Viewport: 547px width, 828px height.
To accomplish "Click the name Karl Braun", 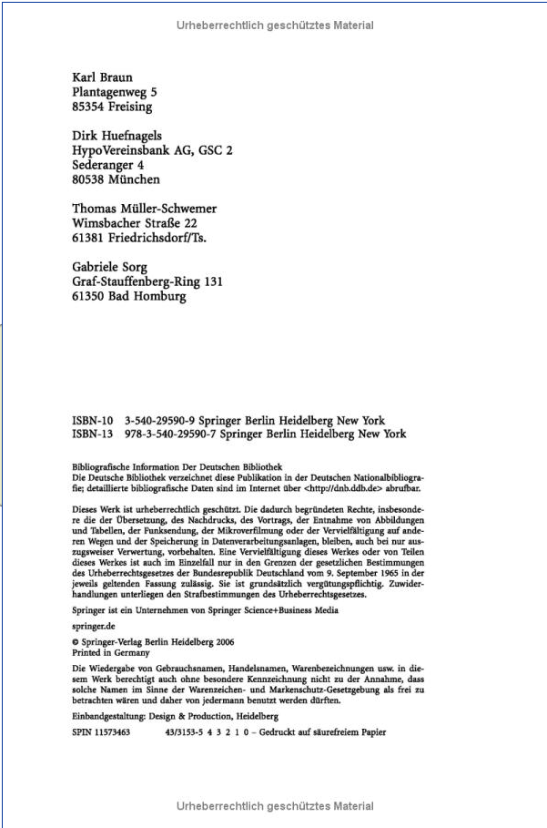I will click(101, 77).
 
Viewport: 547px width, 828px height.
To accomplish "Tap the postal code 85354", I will click(90, 107).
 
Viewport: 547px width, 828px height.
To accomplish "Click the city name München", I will click(135, 179).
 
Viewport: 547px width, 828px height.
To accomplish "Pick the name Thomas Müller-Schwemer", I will click(144, 209).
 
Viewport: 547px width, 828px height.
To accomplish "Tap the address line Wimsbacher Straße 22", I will click(134, 223).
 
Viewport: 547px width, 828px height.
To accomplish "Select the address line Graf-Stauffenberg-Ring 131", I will click(147, 281).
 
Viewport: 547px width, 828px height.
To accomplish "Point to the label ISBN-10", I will click(91, 421).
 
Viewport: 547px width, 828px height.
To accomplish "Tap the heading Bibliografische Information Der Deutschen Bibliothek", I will click(177, 466).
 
